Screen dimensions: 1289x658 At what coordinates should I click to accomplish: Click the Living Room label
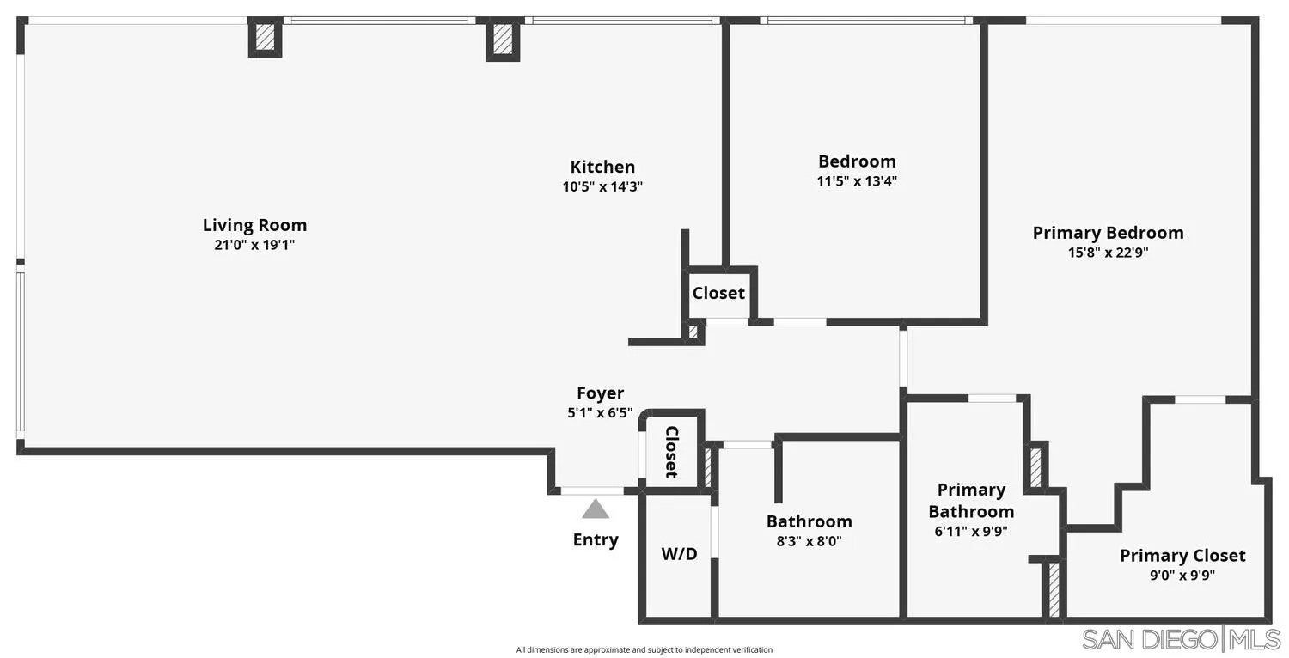pos(254,225)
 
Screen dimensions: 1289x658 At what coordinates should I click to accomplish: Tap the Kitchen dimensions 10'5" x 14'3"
pos(602,186)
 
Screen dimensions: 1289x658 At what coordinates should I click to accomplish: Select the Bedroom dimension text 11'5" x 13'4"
pos(857,181)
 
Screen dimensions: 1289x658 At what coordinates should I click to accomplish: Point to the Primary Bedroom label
pos(1108,233)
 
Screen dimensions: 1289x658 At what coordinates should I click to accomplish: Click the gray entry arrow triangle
pos(595,509)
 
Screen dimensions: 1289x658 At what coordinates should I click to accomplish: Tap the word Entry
pos(596,539)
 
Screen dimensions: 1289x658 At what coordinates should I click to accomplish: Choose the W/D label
pos(679,553)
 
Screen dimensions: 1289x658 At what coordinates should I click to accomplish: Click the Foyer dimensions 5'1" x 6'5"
pos(600,412)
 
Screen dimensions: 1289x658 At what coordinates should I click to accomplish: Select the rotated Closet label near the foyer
pos(671,452)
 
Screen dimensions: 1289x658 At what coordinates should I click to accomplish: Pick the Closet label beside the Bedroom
pos(718,293)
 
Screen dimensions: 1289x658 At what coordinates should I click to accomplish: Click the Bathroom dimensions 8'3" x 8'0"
pos(809,541)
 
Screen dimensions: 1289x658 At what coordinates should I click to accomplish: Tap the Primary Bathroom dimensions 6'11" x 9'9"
pos(971,532)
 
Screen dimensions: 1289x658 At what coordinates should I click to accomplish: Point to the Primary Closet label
pos(1182,556)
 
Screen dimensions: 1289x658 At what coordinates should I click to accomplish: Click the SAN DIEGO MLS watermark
pos(1182,639)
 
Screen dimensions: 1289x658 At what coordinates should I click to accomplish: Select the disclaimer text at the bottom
pos(644,650)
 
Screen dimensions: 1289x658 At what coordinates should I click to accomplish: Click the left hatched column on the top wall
pos(265,37)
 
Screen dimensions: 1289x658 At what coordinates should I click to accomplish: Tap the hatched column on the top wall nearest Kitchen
pos(503,39)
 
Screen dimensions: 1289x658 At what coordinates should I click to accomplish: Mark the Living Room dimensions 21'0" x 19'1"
pos(254,245)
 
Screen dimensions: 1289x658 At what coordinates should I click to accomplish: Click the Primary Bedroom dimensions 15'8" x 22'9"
pos(1108,253)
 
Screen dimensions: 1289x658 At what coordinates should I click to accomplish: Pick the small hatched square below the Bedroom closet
pos(693,332)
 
